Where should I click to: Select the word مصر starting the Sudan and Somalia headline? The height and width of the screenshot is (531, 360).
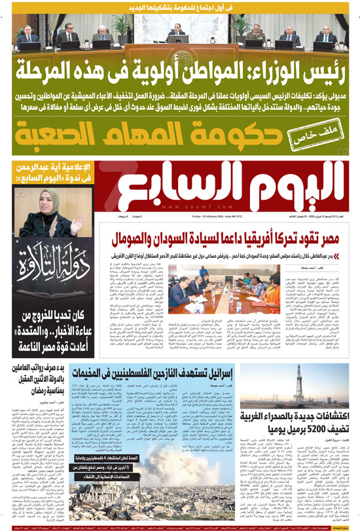[338, 239]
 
